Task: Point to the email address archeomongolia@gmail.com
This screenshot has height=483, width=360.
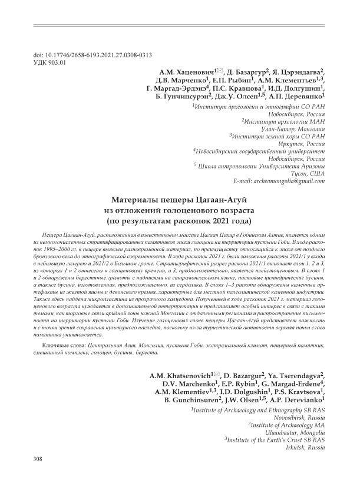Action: point(287,181)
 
